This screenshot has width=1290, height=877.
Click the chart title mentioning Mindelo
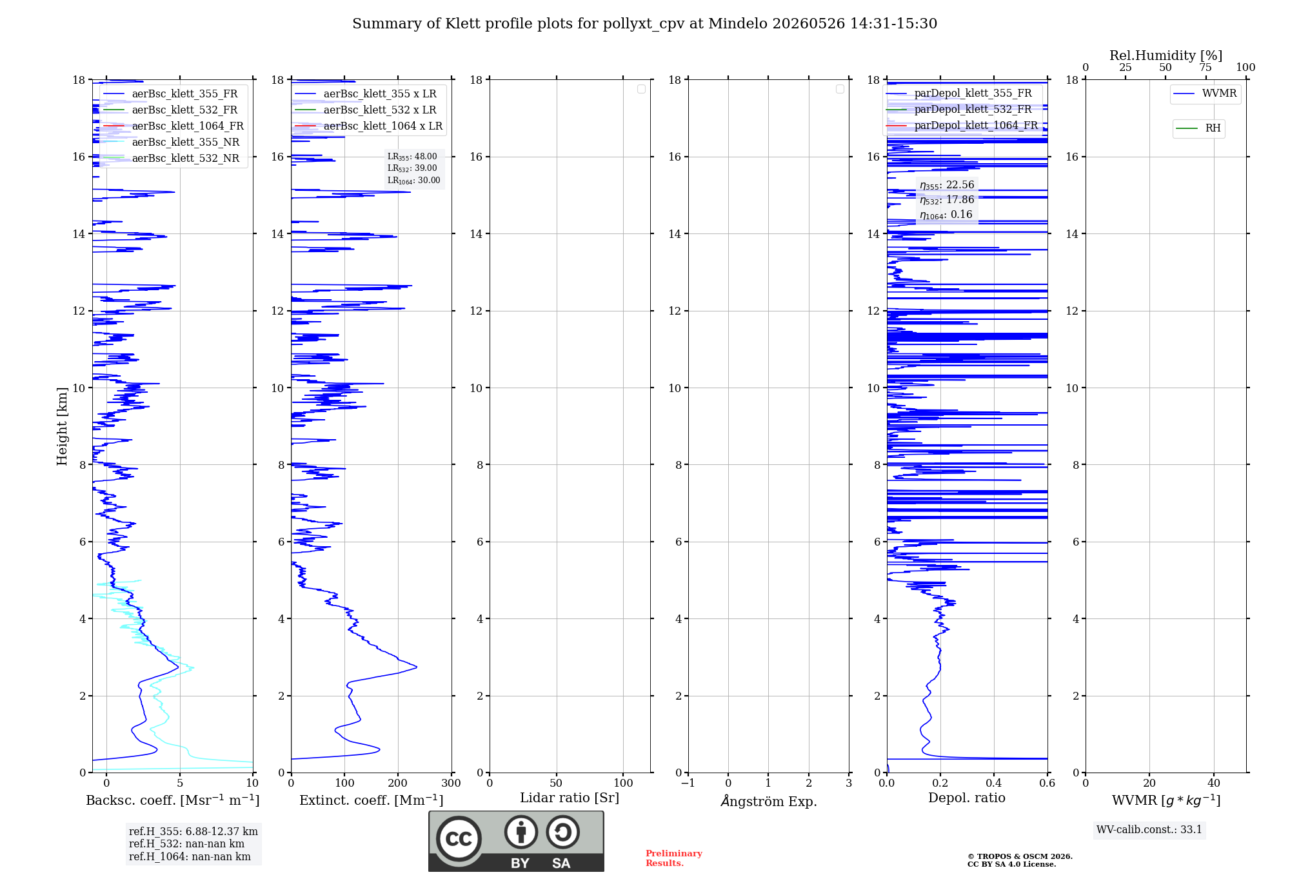(x=644, y=24)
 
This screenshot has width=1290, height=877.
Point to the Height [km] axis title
(x=62, y=426)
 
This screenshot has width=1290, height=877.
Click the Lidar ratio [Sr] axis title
(x=570, y=798)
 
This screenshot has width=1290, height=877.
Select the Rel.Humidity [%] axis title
(x=1166, y=55)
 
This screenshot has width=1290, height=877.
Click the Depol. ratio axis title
(x=967, y=798)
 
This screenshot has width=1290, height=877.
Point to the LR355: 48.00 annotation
(x=412, y=157)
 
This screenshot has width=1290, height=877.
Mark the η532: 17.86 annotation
(x=947, y=200)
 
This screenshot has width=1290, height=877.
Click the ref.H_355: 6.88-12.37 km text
(x=193, y=831)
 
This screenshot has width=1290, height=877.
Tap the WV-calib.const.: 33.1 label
(x=1149, y=829)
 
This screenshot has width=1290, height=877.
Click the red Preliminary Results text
(x=674, y=858)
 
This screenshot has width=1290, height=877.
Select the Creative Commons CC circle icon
(x=459, y=839)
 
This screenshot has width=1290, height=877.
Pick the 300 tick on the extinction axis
(x=451, y=783)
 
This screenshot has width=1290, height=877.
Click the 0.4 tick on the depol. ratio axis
(x=994, y=783)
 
